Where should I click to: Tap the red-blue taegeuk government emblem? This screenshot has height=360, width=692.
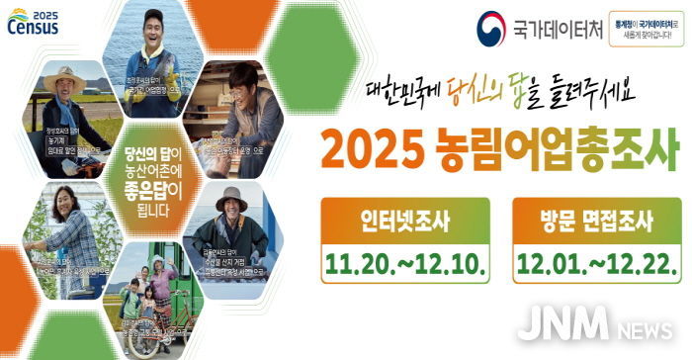[491, 27]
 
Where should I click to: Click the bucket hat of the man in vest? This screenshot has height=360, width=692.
[230, 195]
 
